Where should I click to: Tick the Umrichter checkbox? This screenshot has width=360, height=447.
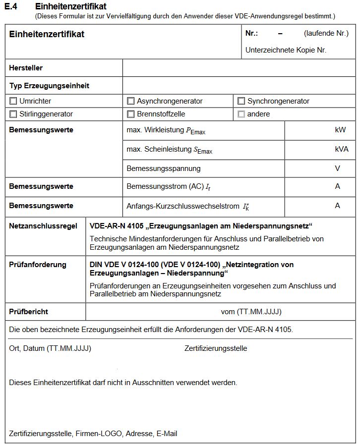pos(13,101)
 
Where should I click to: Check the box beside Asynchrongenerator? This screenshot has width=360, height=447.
pos(130,101)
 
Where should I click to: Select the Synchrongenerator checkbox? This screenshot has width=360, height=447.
pos(241,101)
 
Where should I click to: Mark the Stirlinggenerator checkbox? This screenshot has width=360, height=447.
pos(13,114)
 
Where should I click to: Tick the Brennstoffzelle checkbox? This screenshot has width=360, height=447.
pos(130,114)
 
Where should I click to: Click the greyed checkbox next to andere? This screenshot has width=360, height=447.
pos(241,114)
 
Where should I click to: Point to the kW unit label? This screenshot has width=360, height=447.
pos(340,130)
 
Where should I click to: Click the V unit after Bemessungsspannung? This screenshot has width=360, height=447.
pos(338,168)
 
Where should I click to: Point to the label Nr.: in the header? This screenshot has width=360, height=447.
pos(251,34)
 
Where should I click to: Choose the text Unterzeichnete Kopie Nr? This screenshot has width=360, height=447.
pos(286,50)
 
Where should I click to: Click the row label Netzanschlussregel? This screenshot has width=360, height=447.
pos(43,226)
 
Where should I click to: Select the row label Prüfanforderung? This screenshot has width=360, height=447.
pos(38,265)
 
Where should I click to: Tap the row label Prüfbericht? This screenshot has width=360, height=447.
pos(29,312)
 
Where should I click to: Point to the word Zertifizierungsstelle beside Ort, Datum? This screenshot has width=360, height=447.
pos(216,348)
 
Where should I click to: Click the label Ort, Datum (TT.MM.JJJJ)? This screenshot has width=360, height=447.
pos(50,348)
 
